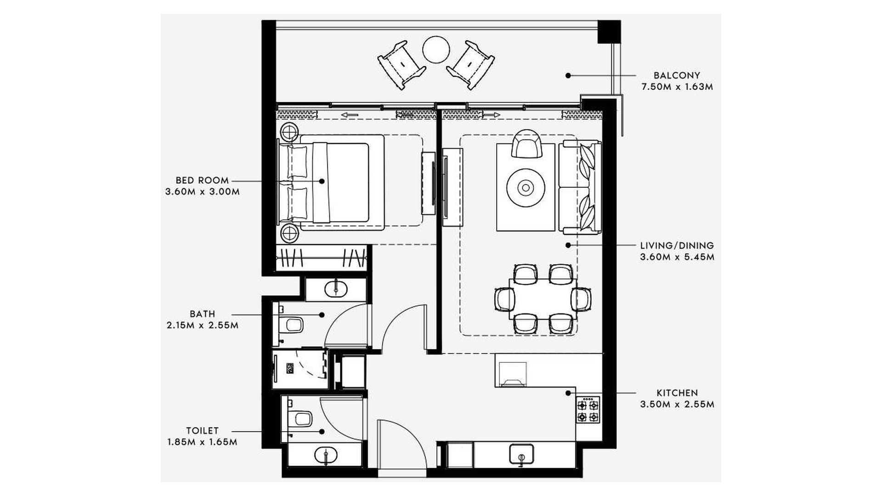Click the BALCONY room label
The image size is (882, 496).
pyautogui.click(x=677, y=75)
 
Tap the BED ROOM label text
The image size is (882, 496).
pyautogui.click(x=202, y=180)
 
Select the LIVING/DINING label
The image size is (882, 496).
pyautogui.click(x=677, y=246)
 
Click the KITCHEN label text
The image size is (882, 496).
pyautogui.click(x=677, y=393)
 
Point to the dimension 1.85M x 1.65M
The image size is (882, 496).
pyautogui.click(x=203, y=442)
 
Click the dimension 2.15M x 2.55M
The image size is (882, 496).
pyautogui.click(x=203, y=326)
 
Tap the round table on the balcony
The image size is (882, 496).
pyautogui.click(x=436, y=50)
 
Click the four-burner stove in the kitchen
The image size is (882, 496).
pyautogui.click(x=588, y=410)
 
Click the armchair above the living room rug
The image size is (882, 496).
pyautogui.click(x=526, y=143)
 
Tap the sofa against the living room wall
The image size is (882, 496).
pyautogui.click(x=580, y=187)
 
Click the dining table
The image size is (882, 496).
pyautogui.click(x=543, y=299)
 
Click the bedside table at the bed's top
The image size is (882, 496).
pyautogui.click(x=290, y=133)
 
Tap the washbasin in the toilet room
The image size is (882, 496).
pyautogui.click(x=326, y=455)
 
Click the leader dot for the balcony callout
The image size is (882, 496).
pyautogui.click(x=568, y=75)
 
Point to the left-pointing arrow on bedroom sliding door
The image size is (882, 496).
pyautogui.click(x=350, y=114)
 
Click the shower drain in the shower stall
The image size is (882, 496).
pyautogui.click(x=290, y=368)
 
